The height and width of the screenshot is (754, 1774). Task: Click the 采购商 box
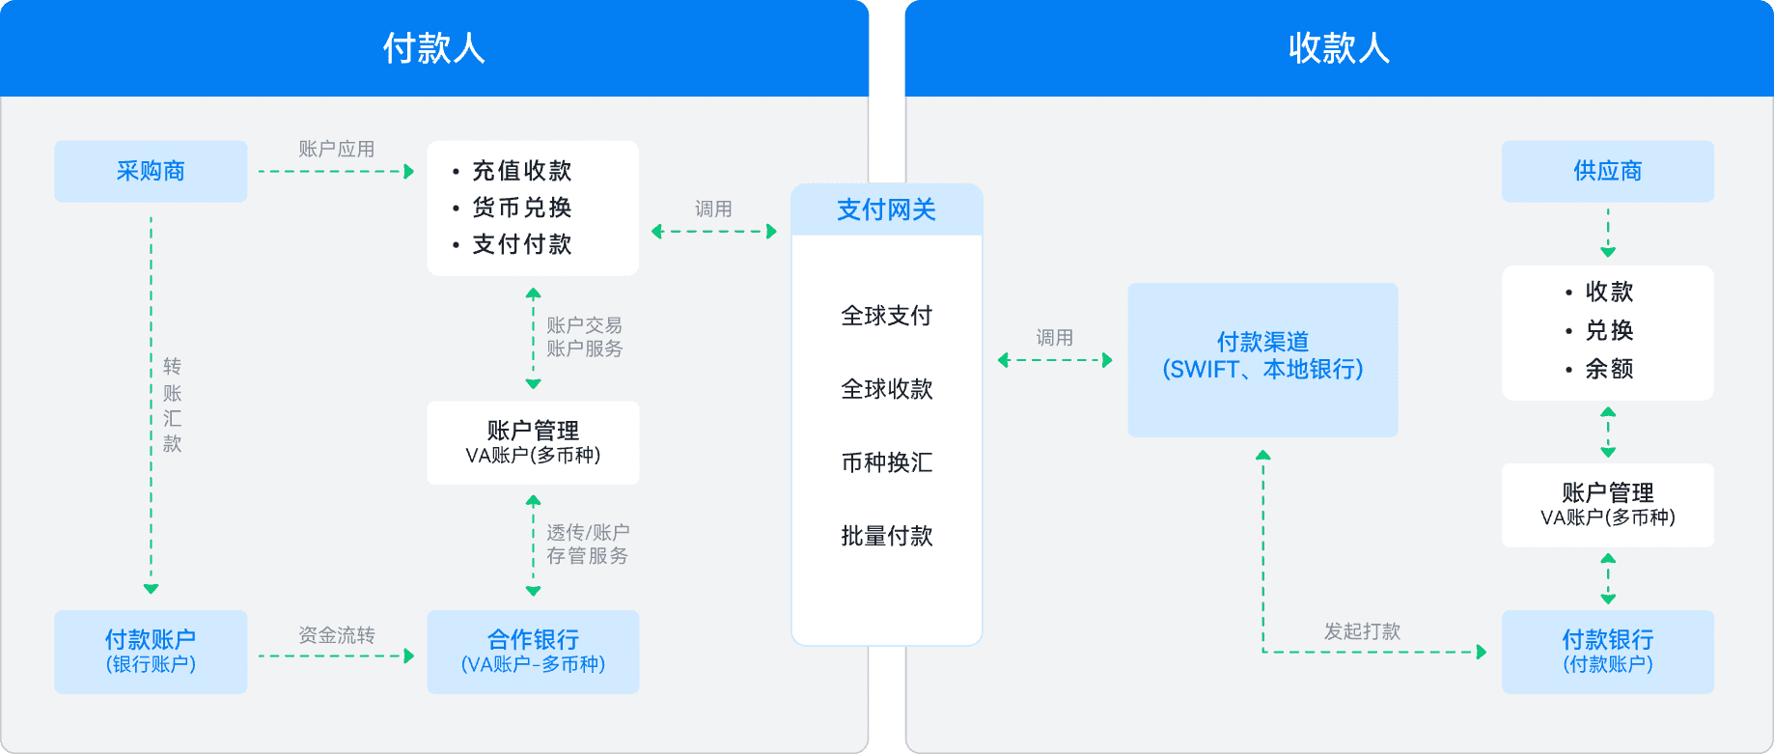(x=151, y=171)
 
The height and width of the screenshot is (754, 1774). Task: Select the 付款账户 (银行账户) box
(x=151, y=652)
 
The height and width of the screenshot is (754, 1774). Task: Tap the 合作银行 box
(x=533, y=652)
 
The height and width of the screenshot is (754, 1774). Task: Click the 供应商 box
(x=1607, y=171)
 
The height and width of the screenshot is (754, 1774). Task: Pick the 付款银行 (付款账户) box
(x=1607, y=652)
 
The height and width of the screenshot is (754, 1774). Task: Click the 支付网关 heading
(x=886, y=209)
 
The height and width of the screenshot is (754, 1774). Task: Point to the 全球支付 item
(x=886, y=316)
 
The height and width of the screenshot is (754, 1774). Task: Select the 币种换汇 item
(x=886, y=462)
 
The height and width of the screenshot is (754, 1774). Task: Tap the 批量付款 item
(x=886, y=536)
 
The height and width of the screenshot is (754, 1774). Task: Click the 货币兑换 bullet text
(x=521, y=208)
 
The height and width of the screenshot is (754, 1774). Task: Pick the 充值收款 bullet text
(x=521, y=171)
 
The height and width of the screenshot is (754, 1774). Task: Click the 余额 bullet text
(x=1609, y=369)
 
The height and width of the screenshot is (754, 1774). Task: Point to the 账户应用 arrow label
(x=336, y=149)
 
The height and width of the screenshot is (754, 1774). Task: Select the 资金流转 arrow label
(x=336, y=635)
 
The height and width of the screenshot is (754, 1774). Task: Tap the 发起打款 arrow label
(x=1362, y=631)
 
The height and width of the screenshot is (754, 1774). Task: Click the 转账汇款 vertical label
(x=172, y=405)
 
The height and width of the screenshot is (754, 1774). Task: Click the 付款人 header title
(x=433, y=48)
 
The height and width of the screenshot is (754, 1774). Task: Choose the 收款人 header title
(x=1339, y=48)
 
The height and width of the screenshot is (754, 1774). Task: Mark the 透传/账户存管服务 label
(x=587, y=544)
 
